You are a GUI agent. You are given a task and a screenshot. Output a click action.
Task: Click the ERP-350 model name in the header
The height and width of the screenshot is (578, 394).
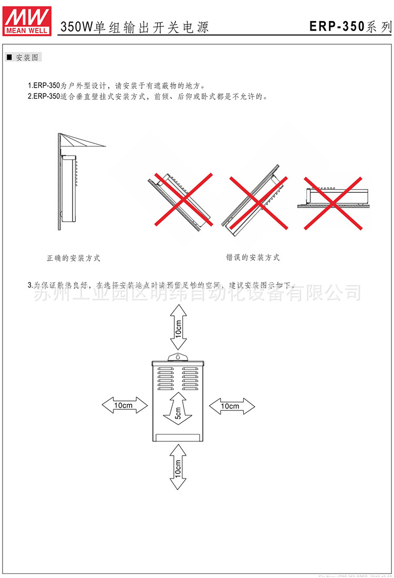(x=337, y=26)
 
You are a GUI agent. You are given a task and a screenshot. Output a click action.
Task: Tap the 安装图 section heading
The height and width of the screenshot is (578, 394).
(x=24, y=58)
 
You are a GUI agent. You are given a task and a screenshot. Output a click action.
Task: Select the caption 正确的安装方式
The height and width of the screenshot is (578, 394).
(x=73, y=258)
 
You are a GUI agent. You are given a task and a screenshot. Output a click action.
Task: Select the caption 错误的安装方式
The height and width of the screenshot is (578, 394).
(x=253, y=257)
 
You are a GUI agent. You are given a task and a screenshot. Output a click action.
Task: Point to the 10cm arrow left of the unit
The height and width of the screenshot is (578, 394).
(x=125, y=405)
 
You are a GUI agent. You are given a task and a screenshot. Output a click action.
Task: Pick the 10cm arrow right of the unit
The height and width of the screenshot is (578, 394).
(x=232, y=406)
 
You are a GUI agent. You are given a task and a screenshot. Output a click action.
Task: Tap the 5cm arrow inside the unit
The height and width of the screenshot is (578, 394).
(x=178, y=410)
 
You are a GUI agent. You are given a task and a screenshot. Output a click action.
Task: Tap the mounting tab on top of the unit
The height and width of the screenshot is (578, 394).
(x=178, y=357)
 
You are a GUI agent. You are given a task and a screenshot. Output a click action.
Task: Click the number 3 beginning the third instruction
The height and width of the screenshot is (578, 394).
(x=29, y=285)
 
